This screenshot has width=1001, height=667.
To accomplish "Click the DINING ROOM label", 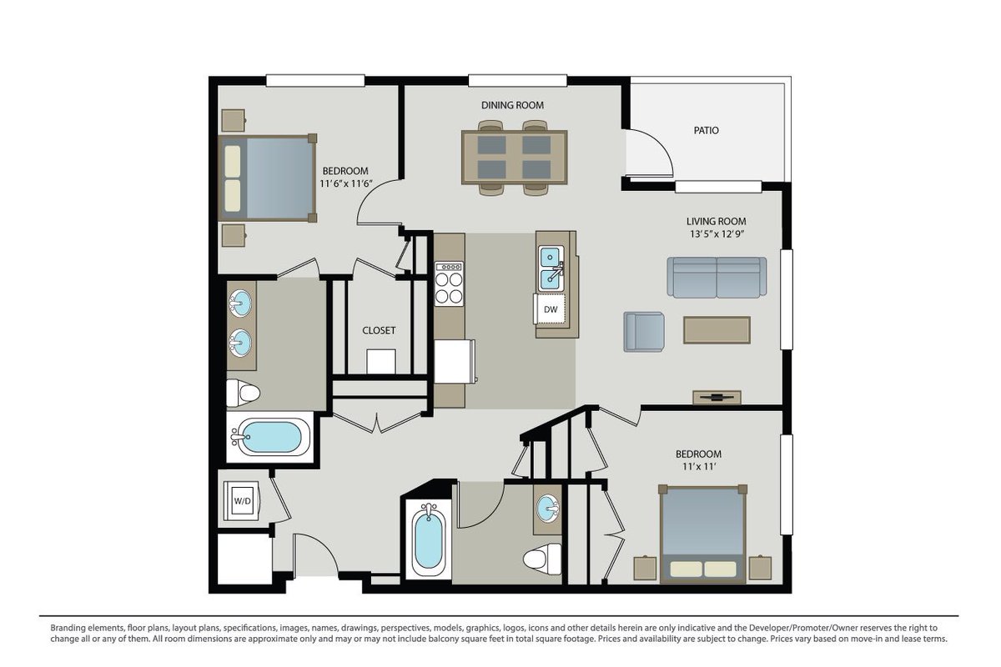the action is (x=512, y=105).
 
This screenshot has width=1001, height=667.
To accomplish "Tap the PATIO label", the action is (x=706, y=130).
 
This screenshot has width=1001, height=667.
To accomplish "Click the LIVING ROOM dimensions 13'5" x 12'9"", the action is (x=717, y=234).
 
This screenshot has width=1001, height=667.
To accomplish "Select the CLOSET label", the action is (x=379, y=331).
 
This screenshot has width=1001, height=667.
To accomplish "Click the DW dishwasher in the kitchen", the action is (x=550, y=308).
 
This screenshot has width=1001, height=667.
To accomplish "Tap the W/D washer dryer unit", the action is (x=242, y=501).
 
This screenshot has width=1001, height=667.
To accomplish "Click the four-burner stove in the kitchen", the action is (x=450, y=283).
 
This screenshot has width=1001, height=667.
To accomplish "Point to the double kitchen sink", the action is (x=551, y=268).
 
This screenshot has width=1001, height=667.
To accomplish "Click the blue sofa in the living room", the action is (x=717, y=277).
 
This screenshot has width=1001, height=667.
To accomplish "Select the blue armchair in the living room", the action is (x=644, y=332).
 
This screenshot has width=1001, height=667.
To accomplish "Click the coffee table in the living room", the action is (x=717, y=330).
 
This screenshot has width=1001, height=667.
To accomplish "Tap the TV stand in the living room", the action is (x=717, y=397).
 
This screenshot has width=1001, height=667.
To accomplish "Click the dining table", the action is (x=515, y=158).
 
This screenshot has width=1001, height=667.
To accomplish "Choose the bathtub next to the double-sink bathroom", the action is (x=270, y=437).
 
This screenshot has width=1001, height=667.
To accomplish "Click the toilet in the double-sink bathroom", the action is (x=243, y=394).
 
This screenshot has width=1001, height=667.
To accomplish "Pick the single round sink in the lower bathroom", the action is (x=548, y=508).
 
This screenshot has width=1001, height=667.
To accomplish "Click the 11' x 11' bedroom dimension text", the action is (x=699, y=467).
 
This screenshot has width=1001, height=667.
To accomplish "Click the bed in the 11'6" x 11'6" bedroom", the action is (x=267, y=178).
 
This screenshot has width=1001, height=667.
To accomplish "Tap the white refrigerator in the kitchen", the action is (x=454, y=361).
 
